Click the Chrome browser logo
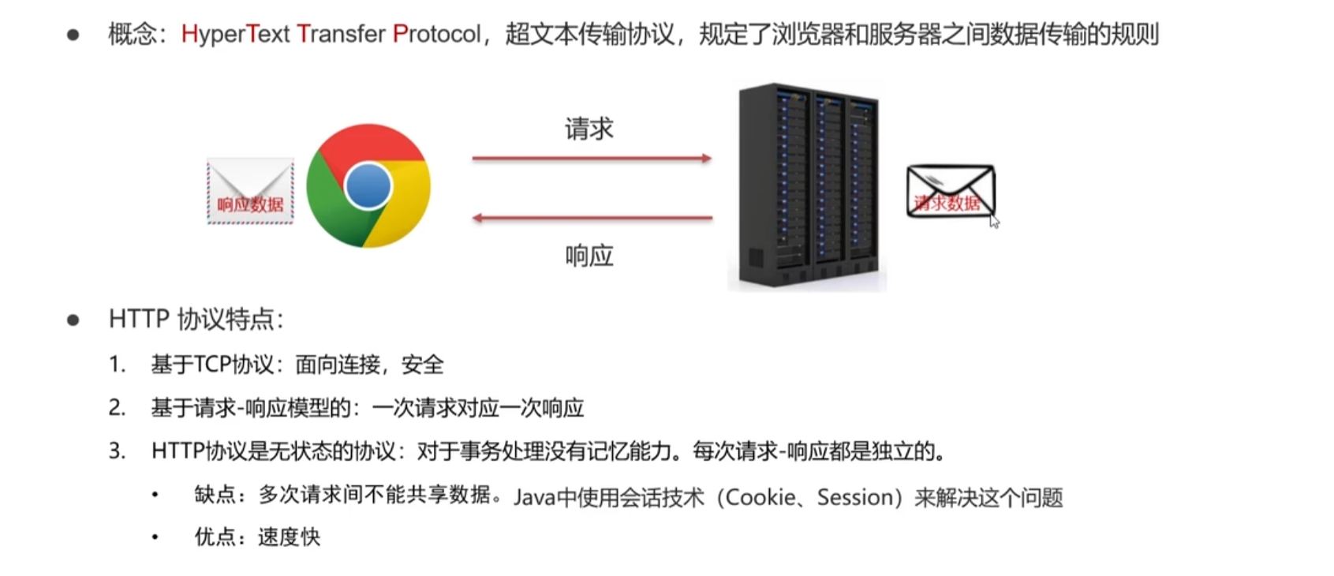point(368,186)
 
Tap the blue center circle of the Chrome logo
point(368,186)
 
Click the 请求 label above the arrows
point(589,129)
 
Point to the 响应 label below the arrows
point(589,256)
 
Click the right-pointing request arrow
point(592,159)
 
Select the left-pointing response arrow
point(592,217)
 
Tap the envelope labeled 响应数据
point(250,190)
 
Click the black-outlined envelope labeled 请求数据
point(950,191)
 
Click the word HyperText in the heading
point(235,34)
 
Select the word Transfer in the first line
point(341,34)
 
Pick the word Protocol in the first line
point(436,34)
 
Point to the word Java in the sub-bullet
point(534,497)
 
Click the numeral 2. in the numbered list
point(117,408)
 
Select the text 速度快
point(289,537)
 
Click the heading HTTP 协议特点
point(195,320)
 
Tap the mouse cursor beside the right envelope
point(994,221)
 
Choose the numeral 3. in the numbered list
point(117,451)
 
